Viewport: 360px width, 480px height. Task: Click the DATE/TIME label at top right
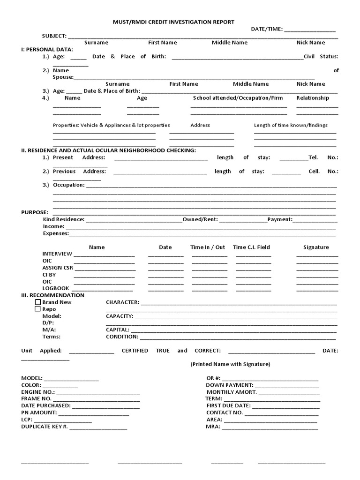point(266,29)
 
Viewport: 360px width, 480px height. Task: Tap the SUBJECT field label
point(54,36)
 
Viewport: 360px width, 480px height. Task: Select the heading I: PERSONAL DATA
point(47,49)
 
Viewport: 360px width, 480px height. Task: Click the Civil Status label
point(321,56)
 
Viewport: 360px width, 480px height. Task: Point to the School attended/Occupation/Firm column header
point(238,98)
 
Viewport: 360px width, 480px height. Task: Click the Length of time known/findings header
point(291,125)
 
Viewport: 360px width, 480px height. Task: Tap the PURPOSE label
point(34,212)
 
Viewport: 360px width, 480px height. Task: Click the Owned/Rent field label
point(200,219)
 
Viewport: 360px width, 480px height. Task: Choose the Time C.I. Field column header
point(251,247)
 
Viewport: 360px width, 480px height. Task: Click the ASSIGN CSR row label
point(58,268)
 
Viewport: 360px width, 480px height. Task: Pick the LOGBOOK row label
point(56,288)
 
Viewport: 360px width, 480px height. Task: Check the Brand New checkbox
point(38,302)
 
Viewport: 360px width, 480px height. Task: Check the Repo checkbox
point(38,309)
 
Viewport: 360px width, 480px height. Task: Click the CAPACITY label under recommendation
point(120,316)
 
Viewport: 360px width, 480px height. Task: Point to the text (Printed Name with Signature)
point(230,364)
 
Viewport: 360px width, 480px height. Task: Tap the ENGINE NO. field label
point(38,392)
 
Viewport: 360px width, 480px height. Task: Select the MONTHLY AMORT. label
point(232,392)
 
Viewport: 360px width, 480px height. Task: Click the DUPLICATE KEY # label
point(45,427)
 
